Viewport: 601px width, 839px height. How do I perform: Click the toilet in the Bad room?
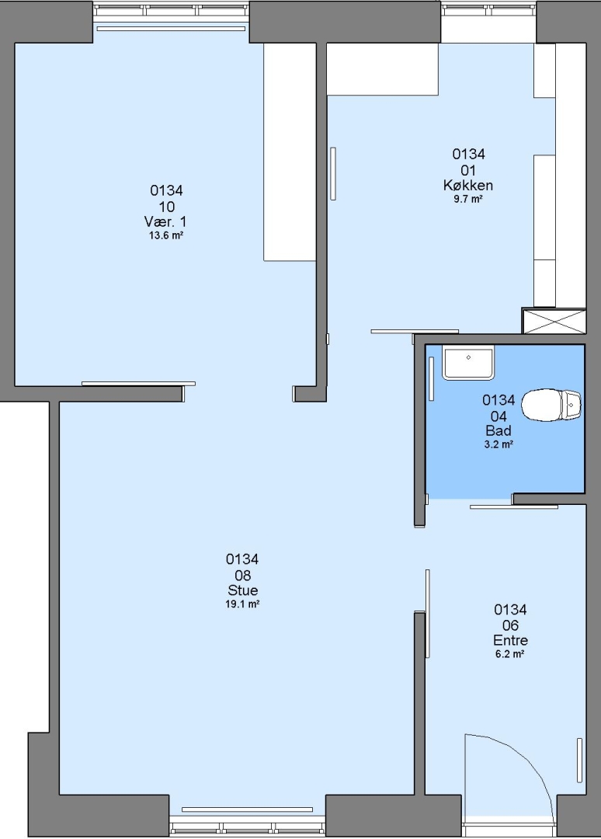pos(551,405)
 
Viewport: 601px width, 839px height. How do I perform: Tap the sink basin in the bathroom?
pos(468,362)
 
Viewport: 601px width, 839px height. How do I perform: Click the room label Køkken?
pos(468,186)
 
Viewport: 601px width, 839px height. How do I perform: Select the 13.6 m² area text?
pos(166,235)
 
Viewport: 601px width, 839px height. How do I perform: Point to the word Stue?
pos(243,590)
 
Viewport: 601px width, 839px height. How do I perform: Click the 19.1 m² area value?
pos(243,604)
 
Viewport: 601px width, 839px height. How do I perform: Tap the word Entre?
pos(511,640)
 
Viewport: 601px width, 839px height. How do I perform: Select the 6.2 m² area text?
pos(509,654)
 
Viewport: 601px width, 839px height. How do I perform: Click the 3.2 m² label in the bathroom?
pos(499,444)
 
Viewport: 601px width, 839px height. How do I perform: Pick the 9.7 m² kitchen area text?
pos(468,199)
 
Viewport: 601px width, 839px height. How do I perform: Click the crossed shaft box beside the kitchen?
pos(554,321)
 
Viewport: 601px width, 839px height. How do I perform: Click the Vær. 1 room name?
pos(165,221)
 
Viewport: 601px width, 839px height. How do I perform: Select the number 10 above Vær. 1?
pos(166,207)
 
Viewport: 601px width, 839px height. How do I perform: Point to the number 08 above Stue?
pos(243,575)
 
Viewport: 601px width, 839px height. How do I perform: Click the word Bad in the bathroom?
pos(499,430)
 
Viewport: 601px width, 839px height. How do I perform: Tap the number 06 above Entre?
pos(511,625)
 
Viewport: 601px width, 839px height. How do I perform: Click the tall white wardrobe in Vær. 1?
pos(290,152)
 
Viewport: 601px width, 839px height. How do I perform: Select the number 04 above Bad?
pos(499,416)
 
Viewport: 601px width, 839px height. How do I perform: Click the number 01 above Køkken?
pos(468,170)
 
